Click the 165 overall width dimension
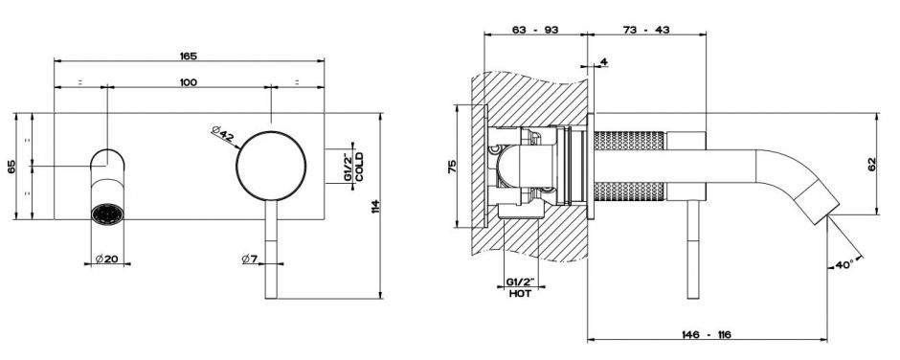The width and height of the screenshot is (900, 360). tap(189, 56)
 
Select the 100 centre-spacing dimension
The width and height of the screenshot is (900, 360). tap(189, 82)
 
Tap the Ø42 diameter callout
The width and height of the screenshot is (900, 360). tap(222, 134)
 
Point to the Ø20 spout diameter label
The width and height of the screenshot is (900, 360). tap(107, 259)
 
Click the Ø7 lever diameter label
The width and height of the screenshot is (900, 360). tap(250, 259)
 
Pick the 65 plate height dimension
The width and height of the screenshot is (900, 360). tap(11, 167)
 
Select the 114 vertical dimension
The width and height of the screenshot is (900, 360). tap(375, 207)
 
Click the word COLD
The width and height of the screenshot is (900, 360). tap(359, 167)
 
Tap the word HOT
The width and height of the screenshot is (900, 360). tap(521, 293)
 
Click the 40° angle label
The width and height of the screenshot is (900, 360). tap(844, 264)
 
